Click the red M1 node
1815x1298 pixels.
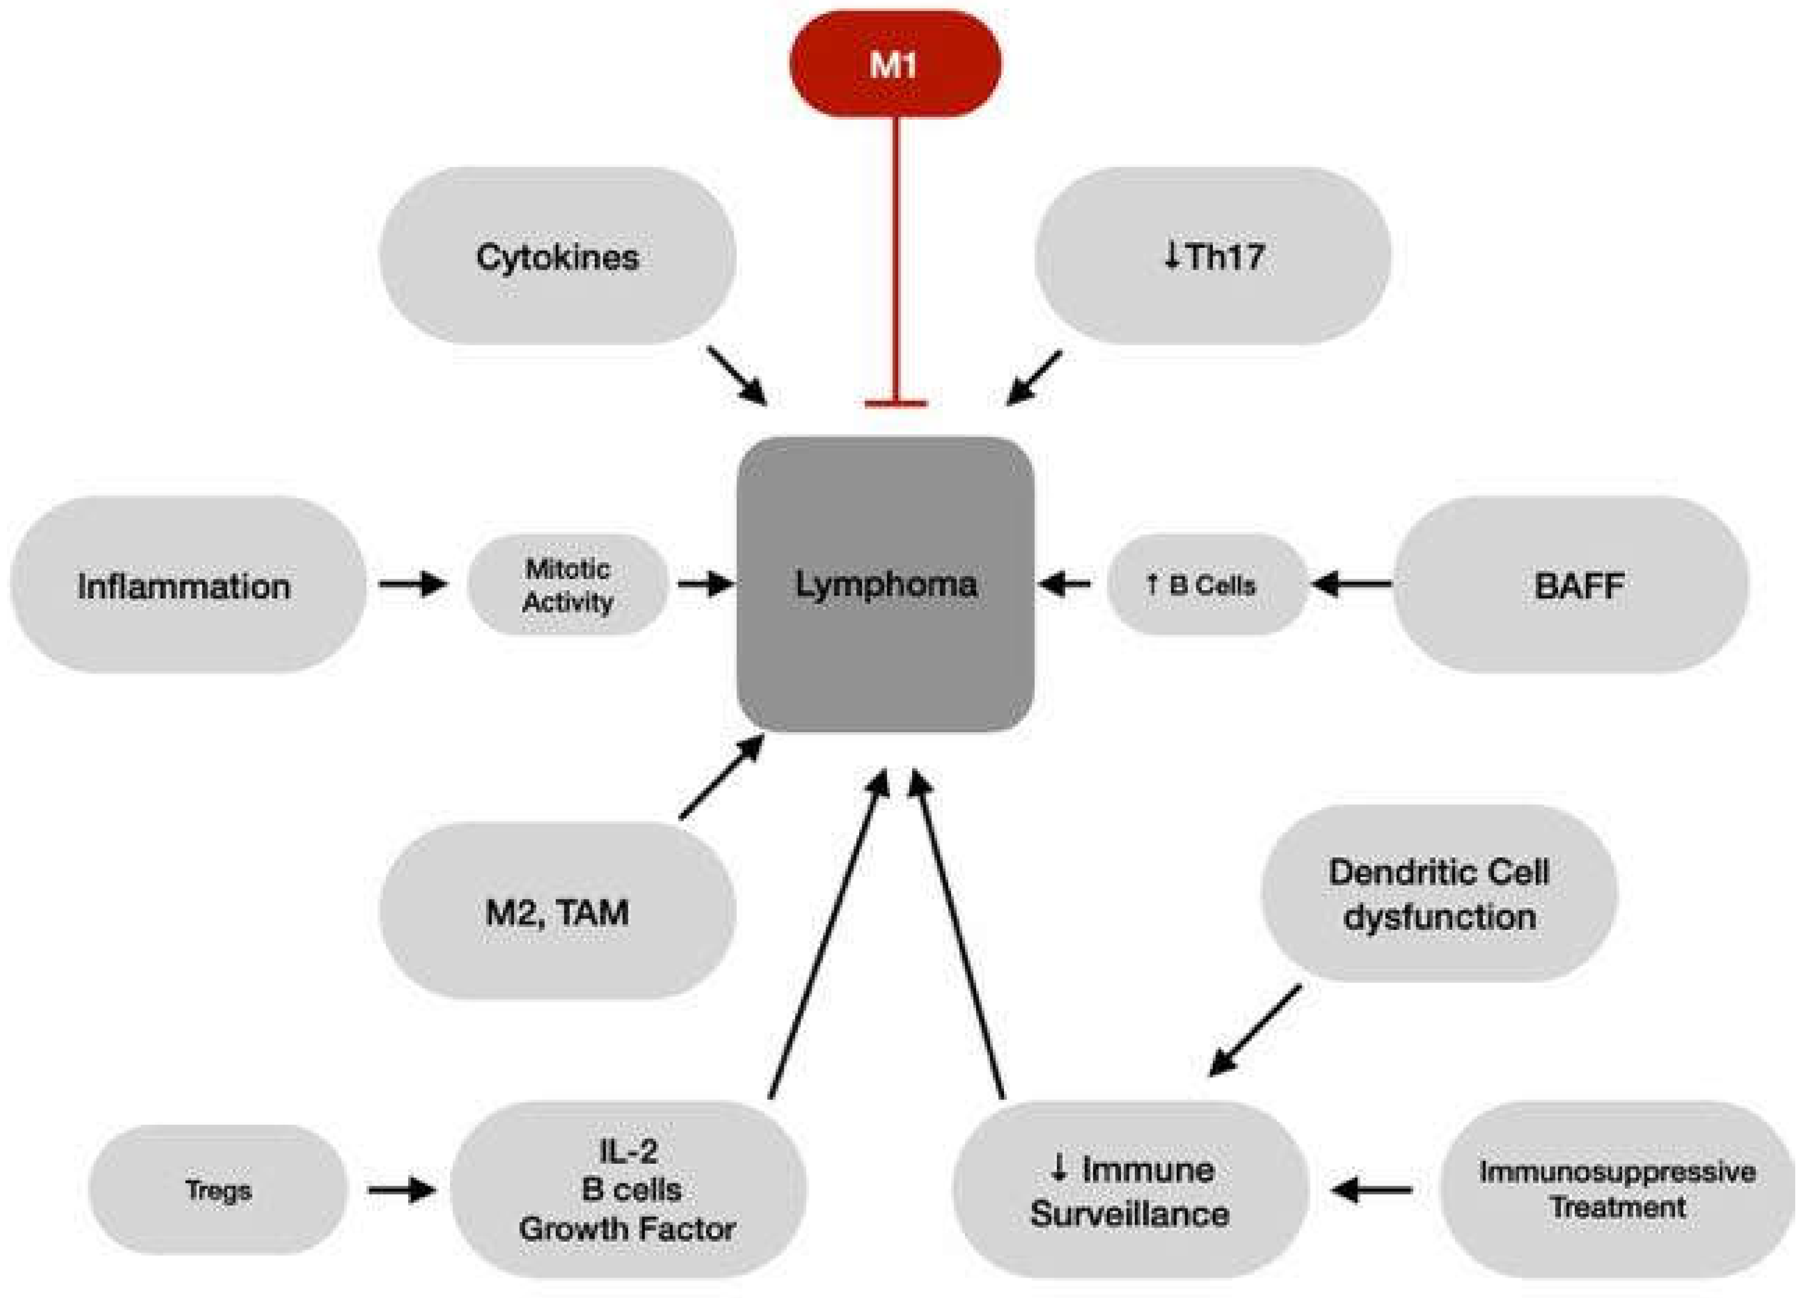click(x=895, y=64)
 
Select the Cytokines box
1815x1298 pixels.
click(x=557, y=256)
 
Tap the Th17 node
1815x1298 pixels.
click(x=1213, y=256)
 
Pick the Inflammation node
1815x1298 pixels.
click(x=188, y=584)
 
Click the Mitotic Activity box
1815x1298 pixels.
click(x=567, y=584)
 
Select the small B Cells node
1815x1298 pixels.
click(x=1207, y=584)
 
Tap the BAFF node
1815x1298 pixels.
click(x=1571, y=584)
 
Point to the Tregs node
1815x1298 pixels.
click(x=218, y=1190)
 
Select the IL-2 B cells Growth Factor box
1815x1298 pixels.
click(x=628, y=1190)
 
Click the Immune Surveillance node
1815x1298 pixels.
click(x=1130, y=1190)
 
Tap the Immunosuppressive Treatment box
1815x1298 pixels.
click(x=1618, y=1190)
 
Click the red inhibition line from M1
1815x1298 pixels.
click(x=895, y=260)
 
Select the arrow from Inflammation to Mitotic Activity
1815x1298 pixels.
click(x=413, y=584)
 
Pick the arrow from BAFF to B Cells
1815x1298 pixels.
click(x=1352, y=584)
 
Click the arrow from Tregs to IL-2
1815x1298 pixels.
click(x=402, y=1190)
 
